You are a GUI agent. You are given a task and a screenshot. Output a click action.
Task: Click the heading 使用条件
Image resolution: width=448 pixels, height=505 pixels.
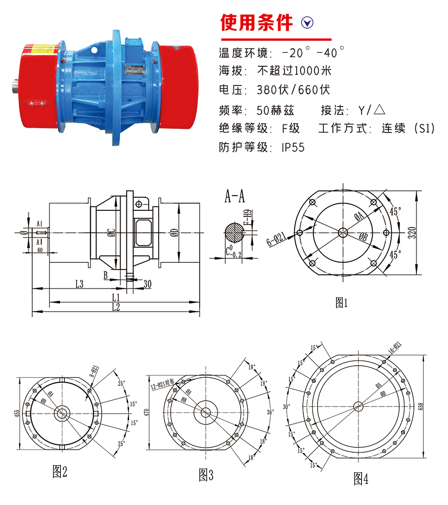pyautogui.click(x=256, y=23)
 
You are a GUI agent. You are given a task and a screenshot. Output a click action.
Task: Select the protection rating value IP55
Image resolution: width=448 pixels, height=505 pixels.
pyautogui.click(x=293, y=148)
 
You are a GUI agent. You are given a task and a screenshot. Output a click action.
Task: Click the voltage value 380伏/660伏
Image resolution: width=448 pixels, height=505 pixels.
pyautogui.click(x=293, y=90)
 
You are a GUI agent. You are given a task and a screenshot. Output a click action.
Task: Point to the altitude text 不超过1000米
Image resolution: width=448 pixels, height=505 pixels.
pyautogui.click(x=294, y=71)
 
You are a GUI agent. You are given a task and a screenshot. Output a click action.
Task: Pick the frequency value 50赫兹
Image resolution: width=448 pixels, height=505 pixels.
pyautogui.click(x=275, y=110)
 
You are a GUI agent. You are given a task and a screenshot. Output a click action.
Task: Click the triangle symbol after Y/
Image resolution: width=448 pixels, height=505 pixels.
pyautogui.click(x=379, y=109)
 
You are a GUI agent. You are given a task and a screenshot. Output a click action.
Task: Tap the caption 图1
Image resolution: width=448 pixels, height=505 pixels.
pyautogui.click(x=341, y=303)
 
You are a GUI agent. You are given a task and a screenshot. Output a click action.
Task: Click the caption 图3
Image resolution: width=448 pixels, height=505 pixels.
pyautogui.click(x=206, y=475)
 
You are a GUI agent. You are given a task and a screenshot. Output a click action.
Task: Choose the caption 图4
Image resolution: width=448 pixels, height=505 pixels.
pyautogui.click(x=361, y=479)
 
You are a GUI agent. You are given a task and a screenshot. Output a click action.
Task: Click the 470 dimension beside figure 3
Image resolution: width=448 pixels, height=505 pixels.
pyautogui.click(x=146, y=411)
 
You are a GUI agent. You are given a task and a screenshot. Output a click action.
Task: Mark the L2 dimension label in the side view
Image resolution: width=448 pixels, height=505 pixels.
pyautogui.click(x=116, y=307)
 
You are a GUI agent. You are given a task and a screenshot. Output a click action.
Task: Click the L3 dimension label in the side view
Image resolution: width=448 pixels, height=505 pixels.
pyautogui.click(x=79, y=283)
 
